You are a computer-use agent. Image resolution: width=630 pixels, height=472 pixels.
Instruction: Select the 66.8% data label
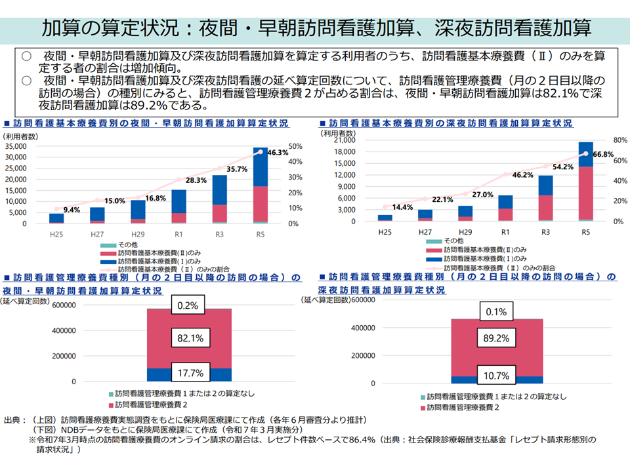[x=602, y=155]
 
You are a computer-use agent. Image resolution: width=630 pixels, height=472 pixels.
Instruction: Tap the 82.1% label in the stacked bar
[x=190, y=339]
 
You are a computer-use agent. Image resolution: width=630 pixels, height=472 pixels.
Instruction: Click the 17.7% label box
[x=190, y=373]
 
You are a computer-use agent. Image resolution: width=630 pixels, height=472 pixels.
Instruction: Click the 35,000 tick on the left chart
[x=15, y=146]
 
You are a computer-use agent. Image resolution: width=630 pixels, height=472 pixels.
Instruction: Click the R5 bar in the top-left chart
[x=261, y=186]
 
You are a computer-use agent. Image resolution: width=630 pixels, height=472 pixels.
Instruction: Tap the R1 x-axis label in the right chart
[x=505, y=231]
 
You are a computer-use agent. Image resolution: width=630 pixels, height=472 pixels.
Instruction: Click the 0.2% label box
[x=190, y=305]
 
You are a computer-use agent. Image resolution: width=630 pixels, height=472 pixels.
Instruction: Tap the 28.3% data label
[x=196, y=180]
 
